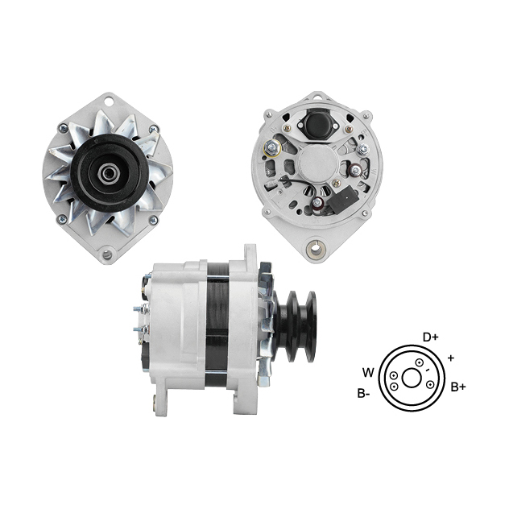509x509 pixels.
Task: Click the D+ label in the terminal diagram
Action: coord(430,337)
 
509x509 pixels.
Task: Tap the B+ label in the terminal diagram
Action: coord(458,387)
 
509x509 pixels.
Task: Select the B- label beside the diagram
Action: coord(363,394)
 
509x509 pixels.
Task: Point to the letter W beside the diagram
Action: coord(368,373)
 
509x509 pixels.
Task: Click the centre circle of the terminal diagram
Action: coord(412,378)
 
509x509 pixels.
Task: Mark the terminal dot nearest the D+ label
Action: coord(420,362)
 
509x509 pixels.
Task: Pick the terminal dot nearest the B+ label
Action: coord(430,385)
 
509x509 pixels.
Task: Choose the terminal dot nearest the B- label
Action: coord(394,387)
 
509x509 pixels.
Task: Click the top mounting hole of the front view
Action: coord(109,101)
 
